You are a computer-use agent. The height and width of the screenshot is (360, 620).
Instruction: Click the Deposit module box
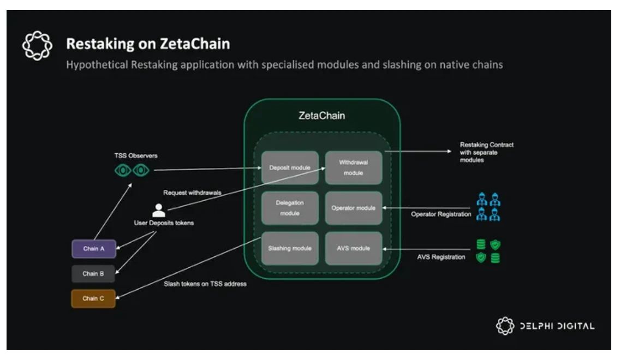tap(290, 167)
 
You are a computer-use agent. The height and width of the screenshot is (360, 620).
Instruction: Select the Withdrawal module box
tap(354, 167)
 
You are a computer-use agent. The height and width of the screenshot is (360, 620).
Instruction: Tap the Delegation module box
tap(290, 208)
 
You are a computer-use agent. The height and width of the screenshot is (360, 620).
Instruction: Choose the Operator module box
tap(354, 208)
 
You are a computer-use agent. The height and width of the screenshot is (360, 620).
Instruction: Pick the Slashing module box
tap(290, 248)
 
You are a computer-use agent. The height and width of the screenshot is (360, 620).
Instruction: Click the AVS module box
tap(354, 248)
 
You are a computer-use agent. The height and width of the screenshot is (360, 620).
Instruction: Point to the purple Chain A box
tap(94, 249)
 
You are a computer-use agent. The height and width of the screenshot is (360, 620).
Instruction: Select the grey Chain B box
tap(93, 274)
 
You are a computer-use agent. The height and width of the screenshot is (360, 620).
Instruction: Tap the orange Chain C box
tap(93, 298)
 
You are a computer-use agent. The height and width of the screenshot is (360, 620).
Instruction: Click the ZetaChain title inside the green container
tap(322, 116)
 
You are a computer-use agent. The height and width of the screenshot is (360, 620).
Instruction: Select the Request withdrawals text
tap(188, 193)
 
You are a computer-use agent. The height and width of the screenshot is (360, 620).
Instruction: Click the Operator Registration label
tap(441, 214)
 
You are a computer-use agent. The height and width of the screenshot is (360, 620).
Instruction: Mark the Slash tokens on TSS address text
tap(205, 284)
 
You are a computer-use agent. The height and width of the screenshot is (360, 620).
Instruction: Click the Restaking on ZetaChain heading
tap(148, 43)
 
